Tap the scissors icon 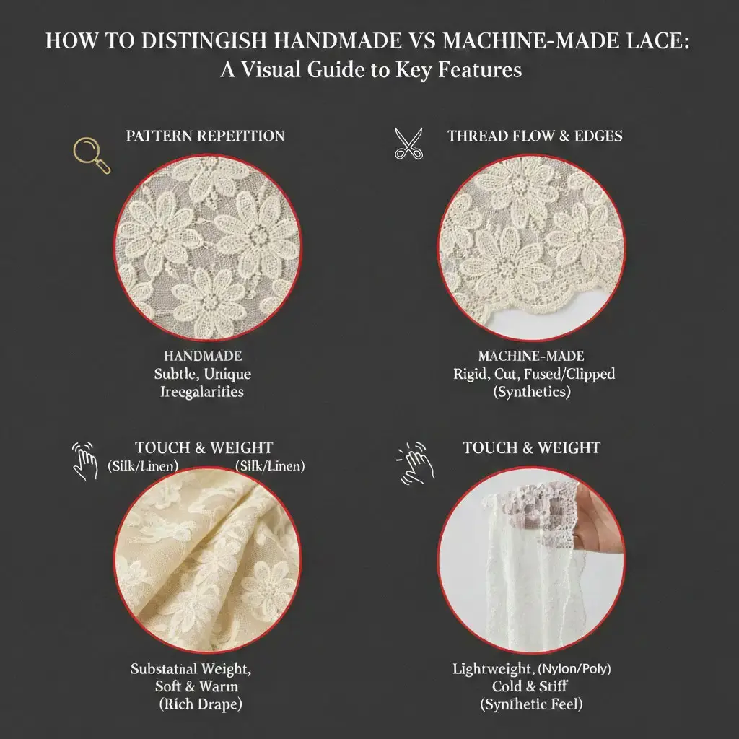click(409, 143)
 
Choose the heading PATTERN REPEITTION click(205, 136)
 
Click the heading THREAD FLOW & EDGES click(535, 136)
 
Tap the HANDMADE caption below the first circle click(203, 357)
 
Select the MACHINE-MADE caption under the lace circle click(531, 357)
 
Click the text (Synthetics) click(531, 392)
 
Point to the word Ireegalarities click(203, 392)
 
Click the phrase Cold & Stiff click(531, 686)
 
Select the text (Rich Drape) click(201, 704)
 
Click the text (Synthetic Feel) click(531, 704)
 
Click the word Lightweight click(491, 669)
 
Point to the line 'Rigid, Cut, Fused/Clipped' click(531, 375)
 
